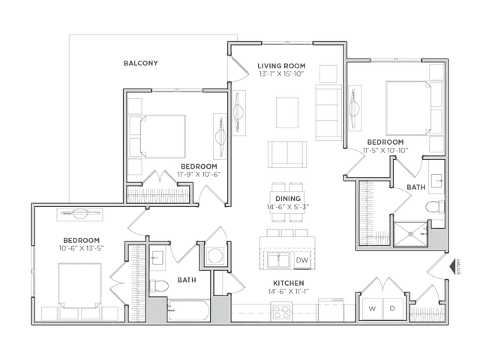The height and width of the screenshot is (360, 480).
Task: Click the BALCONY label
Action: click(x=140, y=63)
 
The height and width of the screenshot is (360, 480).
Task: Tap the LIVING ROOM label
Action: click(x=281, y=66)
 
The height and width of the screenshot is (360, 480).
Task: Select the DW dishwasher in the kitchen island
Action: click(x=301, y=260)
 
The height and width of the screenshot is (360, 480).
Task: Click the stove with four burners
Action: click(x=281, y=312)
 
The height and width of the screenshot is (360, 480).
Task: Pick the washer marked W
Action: click(x=372, y=308)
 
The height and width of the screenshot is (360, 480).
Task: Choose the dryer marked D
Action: click(x=393, y=308)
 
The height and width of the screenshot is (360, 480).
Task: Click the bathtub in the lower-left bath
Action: click(x=188, y=310)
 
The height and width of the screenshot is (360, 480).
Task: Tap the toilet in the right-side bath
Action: click(x=435, y=207)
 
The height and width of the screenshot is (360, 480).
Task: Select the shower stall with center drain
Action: click(x=410, y=234)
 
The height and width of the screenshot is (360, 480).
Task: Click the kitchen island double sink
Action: click(x=278, y=261)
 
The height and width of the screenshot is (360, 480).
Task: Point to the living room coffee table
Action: click(x=287, y=112)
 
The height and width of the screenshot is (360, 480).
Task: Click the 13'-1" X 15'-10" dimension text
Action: click(x=281, y=73)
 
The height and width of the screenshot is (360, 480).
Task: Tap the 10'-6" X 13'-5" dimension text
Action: click(x=82, y=248)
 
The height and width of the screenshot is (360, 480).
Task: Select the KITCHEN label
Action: click(x=288, y=283)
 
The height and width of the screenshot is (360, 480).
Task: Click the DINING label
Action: click(x=288, y=199)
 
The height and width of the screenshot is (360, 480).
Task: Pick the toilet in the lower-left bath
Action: click(x=158, y=286)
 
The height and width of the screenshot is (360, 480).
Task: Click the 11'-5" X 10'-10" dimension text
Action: click(x=385, y=150)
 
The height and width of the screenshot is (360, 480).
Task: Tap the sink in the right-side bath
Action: click(x=436, y=181)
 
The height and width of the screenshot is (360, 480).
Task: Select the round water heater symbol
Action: click(x=214, y=255)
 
